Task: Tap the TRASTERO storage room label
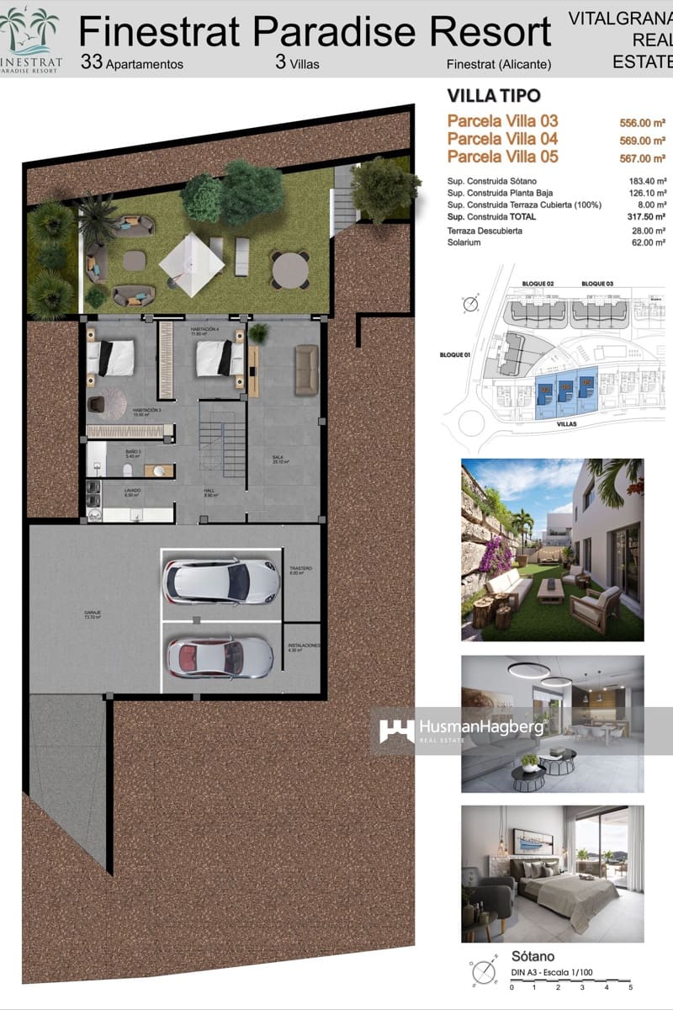click(x=300, y=571)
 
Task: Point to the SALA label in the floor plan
click(x=277, y=460)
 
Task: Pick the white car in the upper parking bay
click(x=221, y=580)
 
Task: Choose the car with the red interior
click(x=220, y=656)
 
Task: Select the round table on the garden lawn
click(x=290, y=270)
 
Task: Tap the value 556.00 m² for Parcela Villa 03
click(x=643, y=122)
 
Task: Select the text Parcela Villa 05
click(x=502, y=157)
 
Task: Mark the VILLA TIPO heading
click(x=494, y=95)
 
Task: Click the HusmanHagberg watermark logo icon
click(x=396, y=730)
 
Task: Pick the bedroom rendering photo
click(x=552, y=873)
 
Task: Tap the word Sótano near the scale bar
click(x=532, y=956)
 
